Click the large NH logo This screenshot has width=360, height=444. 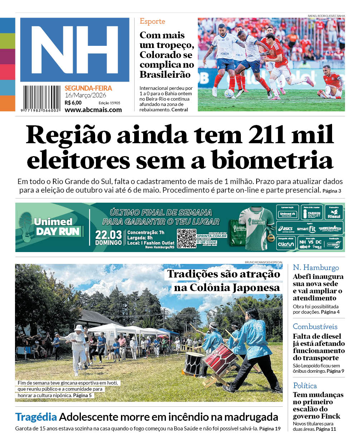74,49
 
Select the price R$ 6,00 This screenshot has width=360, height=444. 73,103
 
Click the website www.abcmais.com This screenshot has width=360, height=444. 93,110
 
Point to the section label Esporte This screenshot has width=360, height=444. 152,21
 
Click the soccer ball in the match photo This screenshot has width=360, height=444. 229,93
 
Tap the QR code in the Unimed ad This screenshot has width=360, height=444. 186,238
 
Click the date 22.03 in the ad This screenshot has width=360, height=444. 108,235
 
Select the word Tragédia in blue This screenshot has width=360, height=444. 36,417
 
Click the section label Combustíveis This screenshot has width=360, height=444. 315,327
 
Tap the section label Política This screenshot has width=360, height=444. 305,386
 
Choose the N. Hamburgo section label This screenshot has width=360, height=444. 316,267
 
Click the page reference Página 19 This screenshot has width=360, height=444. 270,429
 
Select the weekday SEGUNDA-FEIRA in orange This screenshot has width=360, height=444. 88,88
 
